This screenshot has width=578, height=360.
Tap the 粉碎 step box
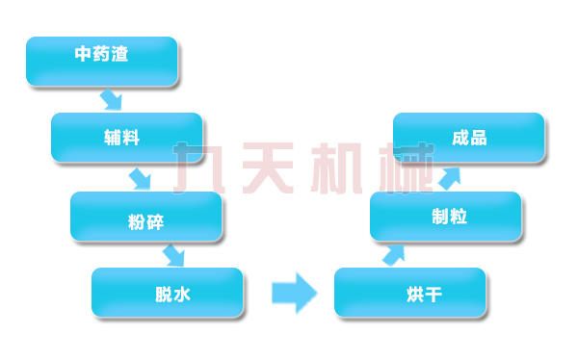pos(146,216)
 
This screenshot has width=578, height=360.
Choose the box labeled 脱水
pos(168,293)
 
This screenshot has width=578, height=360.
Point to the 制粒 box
pos(446,217)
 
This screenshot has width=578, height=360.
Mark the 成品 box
pos(469,138)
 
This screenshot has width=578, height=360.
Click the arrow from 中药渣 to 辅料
pos(112,99)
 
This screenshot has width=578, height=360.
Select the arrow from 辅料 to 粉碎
pos(141,178)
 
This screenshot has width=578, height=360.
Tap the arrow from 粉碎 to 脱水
pos(173,255)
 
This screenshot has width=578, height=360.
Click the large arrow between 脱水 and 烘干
pos(294,292)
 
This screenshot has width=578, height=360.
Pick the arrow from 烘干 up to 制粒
pos(393,254)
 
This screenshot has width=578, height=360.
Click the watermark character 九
pos(199,169)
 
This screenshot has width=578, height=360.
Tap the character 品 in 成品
pos(479,138)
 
